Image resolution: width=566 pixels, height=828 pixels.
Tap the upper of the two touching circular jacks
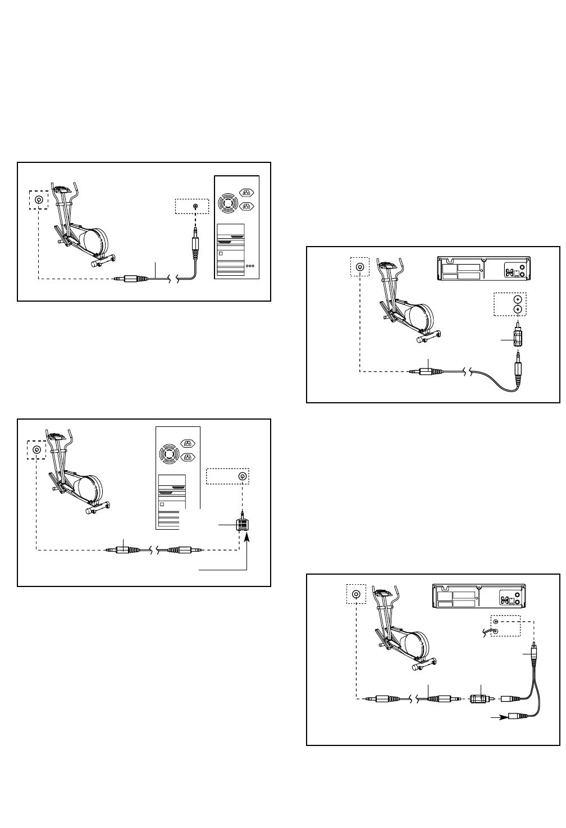click(x=518, y=300)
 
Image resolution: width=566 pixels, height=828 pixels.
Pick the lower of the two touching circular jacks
click(x=518, y=309)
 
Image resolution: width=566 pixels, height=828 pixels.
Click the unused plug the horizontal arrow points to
click(x=516, y=717)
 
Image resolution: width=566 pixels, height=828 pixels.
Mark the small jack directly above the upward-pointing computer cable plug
click(x=195, y=207)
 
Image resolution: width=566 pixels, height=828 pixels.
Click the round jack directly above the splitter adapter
click(x=242, y=477)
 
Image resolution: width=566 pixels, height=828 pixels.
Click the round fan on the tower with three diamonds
click(x=230, y=200)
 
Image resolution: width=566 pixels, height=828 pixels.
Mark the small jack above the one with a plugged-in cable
click(x=495, y=621)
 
